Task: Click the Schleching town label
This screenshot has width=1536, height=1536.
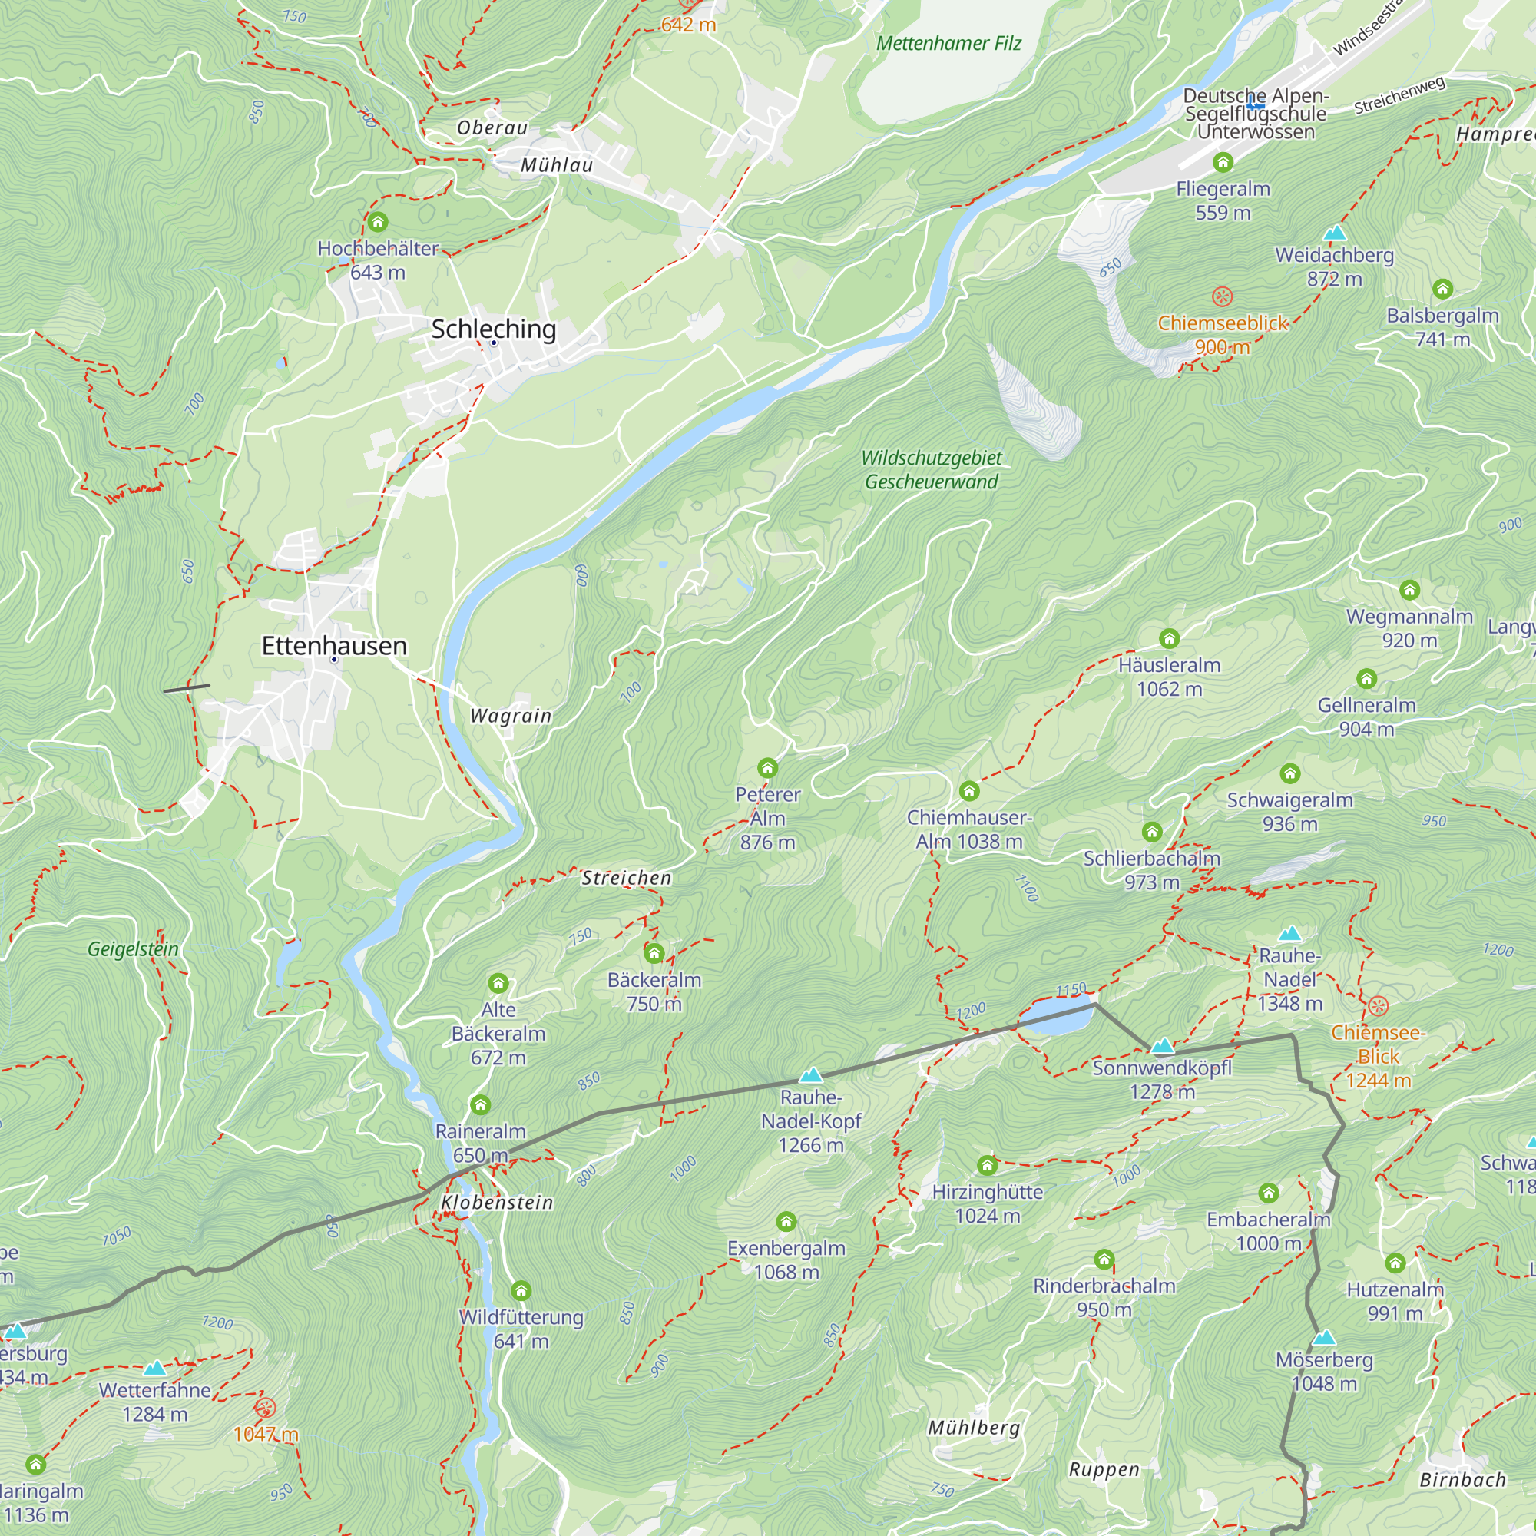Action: (x=493, y=329)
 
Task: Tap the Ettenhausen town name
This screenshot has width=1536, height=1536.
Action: (x=334, y=646)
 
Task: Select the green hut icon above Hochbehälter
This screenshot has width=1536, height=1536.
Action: (x=378, y=222)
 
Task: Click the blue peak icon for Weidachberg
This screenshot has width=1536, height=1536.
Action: (x=1335, y=233)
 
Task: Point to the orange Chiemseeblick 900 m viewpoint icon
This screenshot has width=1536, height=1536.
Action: (x=1222, y=297)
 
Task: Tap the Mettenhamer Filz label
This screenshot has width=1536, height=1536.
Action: (x=948, y=44)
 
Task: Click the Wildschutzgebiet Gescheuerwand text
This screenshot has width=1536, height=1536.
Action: (x=931, y=470)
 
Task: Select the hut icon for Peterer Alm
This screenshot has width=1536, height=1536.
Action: (x=767, y=768)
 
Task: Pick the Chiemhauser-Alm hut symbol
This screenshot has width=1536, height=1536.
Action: (x=968, y=791)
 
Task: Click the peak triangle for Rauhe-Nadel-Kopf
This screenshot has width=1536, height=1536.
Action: (x=810, y=1076)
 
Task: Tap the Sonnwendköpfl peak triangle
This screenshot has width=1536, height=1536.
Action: (x=1162, y=1045)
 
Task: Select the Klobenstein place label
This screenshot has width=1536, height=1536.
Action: (x=497, y=1203)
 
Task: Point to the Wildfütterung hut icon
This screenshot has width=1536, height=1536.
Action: (x=521, y=1290)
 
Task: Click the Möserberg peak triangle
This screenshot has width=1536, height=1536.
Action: (x=1324, y=1337)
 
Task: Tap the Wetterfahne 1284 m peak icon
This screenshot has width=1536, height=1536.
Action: (x=155, y=1369)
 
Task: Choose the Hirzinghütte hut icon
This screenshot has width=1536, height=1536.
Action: (x=987, y=1166)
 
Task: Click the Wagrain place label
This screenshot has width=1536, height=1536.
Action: (x=511, y=717)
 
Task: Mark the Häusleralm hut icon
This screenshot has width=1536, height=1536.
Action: (x=1169, y=638)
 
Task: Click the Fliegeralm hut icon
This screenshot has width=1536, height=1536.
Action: (x=1223, y=163)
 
